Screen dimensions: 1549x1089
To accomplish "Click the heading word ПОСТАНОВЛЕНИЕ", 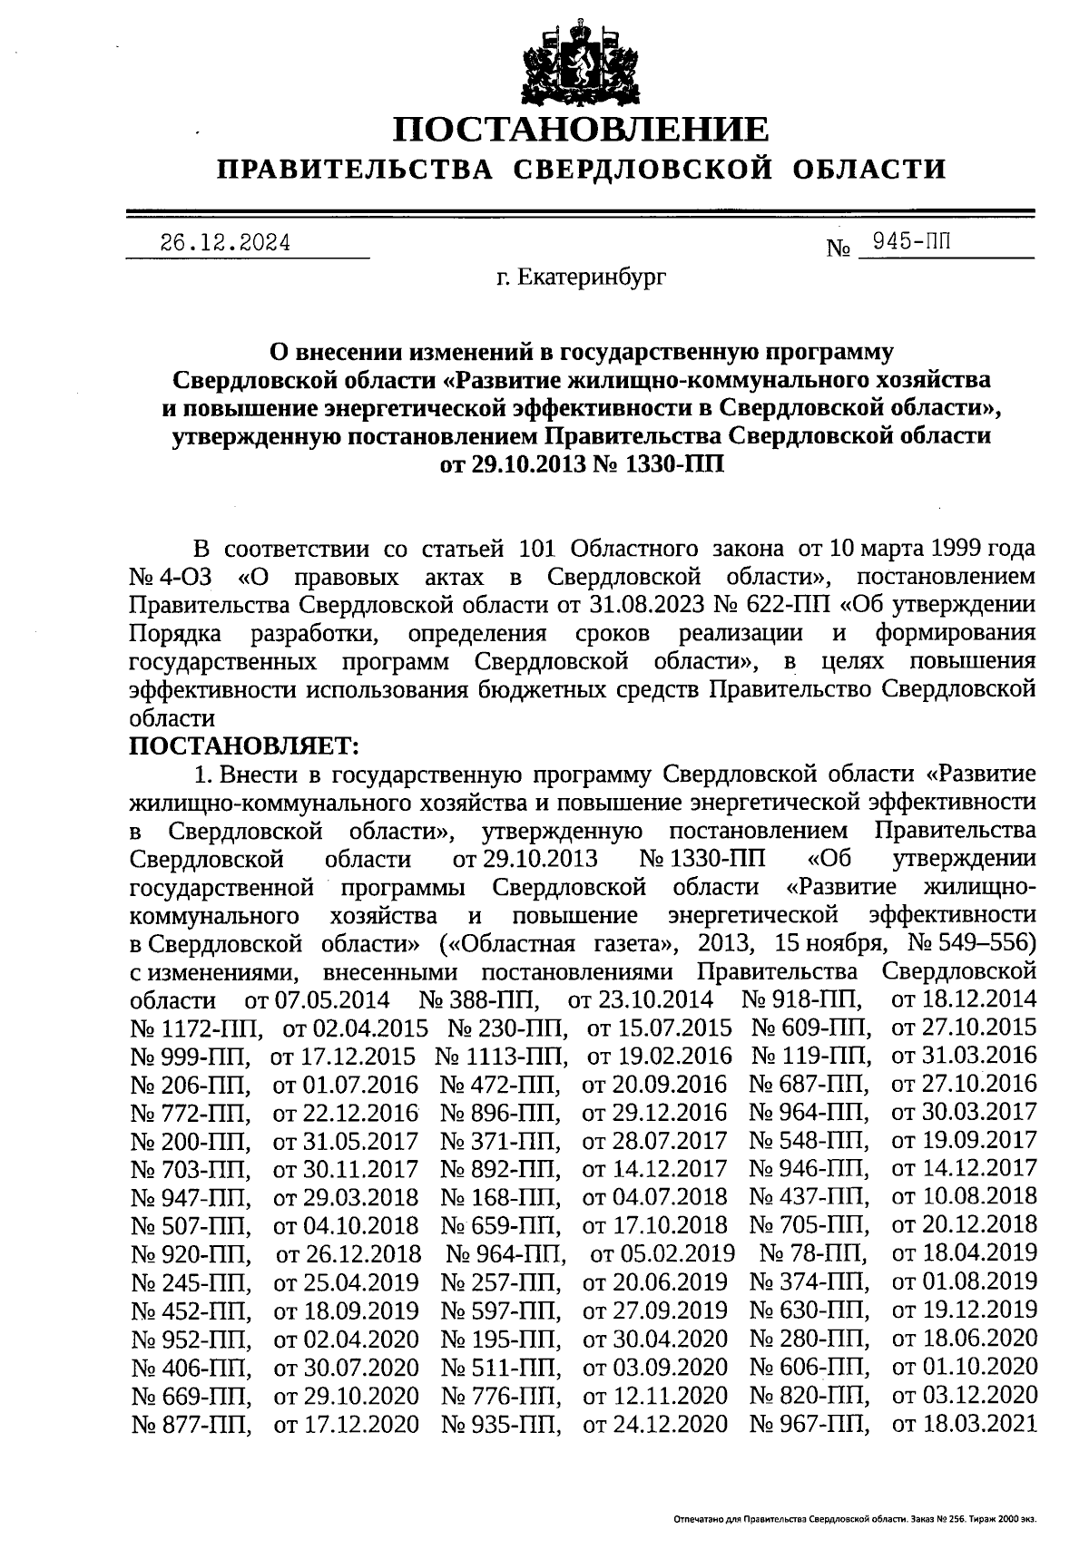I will (580, 130).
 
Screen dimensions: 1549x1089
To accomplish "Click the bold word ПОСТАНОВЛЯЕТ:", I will (245, 745).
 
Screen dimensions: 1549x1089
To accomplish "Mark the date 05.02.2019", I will (662, 1253).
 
